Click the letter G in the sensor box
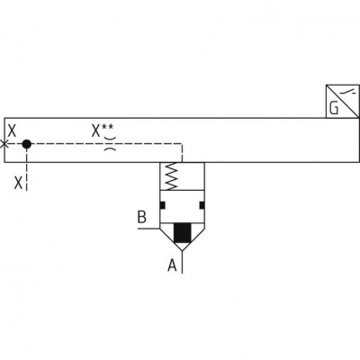click(x=334, y=108)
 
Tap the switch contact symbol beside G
click(x=350, y=92)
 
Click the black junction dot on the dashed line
click(x=27, y=144)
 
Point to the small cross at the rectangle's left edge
click(x=4, y=144)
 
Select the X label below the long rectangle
click(x=19, y=183)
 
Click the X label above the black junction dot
click(x=12, y=130)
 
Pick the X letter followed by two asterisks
click(x=95, y=130)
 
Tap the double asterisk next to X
click(x=107, y=127)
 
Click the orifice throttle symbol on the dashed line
click(x=110, y=144)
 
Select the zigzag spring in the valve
click(x=172, y=176)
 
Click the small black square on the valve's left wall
click(x=163, y=205)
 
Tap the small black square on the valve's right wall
click(x=202, y=205)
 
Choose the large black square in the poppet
click(x=183, y=233)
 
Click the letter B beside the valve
click(x=142, y=217)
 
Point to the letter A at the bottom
click(x=172, y=265)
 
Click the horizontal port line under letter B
click(x=148, y=229)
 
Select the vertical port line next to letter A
click(x=183, y=262)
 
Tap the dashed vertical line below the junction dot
click(x=27, y=169)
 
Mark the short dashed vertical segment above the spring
click(x=182, y=153)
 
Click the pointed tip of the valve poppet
click(x=183, y=250)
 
